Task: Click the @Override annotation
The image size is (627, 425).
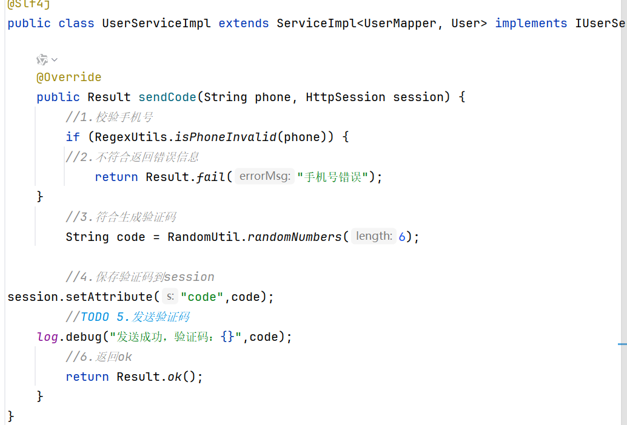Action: [x=69, y=77]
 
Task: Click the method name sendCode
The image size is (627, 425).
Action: [x=167, y=97]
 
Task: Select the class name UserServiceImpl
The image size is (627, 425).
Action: [x=156, y=24]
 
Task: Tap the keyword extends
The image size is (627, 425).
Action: [x=244, y=24]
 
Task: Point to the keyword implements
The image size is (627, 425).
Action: [x=531, y=24]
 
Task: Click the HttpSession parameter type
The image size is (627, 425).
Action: [x=345, y=97]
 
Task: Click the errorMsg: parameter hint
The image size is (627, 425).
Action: [x=265, y=177]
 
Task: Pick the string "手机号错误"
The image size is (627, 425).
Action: [x=334, y=177]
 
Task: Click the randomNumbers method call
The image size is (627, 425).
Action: [x=295, y=237]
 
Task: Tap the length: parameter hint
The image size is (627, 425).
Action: [x=374, y=236]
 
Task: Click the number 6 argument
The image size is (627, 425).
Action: [x=401, y=237]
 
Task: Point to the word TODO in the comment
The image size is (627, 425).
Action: [x=95, y=317]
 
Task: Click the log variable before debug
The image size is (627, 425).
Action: [x=47, y=337]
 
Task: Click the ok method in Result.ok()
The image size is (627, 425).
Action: [x=175, y=377]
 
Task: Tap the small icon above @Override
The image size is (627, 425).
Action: [x=43, y=59]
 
